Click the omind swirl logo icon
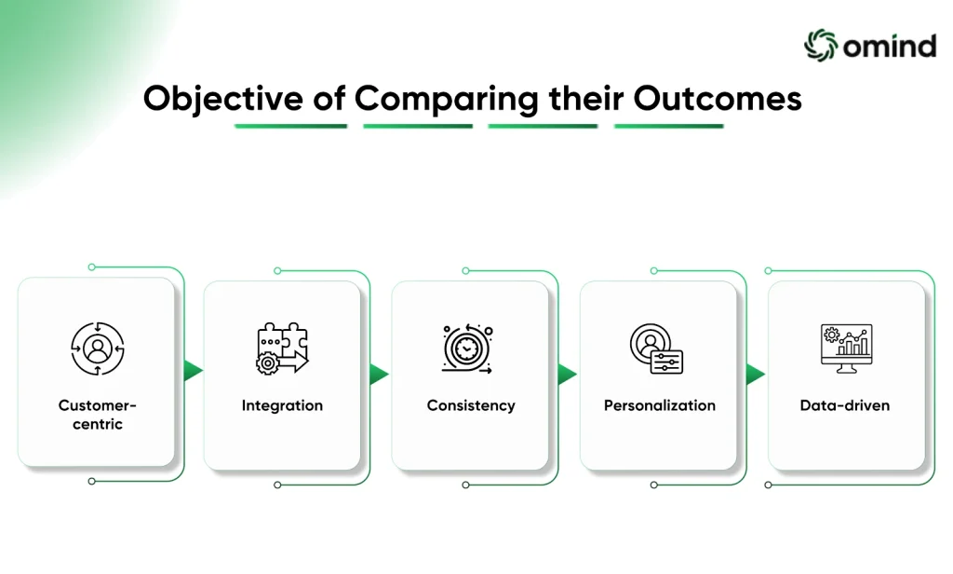[821, 45]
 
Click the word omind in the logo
[890, 47]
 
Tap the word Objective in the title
[223, 99]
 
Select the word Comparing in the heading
[447, 99]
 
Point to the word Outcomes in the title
[718, 98]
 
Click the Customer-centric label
[97, 415]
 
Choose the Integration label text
[282, 406]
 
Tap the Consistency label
[471, 406]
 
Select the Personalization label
[660, 405]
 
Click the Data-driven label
[845, 405]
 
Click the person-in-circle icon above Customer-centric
[97, 348]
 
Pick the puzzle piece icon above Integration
[282, 348]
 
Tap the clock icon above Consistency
[467, 348]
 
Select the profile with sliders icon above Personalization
[656, 348]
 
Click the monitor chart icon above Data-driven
[847, 348]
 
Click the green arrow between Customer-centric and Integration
[193, 370]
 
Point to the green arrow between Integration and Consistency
[379, 374]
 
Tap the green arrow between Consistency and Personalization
[567, 374]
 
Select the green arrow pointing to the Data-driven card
[756, 374]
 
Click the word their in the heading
[586, 98]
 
